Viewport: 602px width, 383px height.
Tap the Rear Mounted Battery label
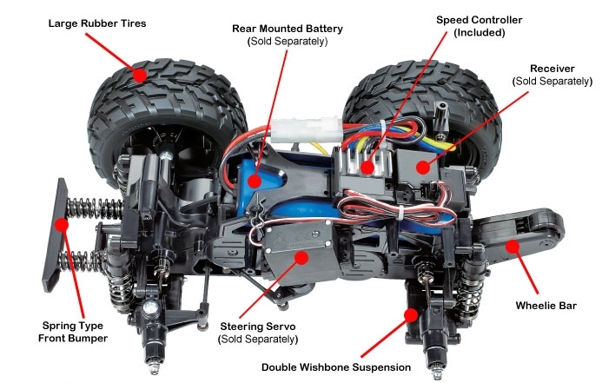(288, 29)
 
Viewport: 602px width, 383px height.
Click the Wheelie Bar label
(546, 306)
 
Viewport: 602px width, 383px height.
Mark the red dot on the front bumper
(63, 224)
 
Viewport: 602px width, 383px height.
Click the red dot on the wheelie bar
(512, 247)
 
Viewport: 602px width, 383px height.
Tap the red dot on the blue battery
(255, 181)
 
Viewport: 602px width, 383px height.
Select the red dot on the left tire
(139, 75)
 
